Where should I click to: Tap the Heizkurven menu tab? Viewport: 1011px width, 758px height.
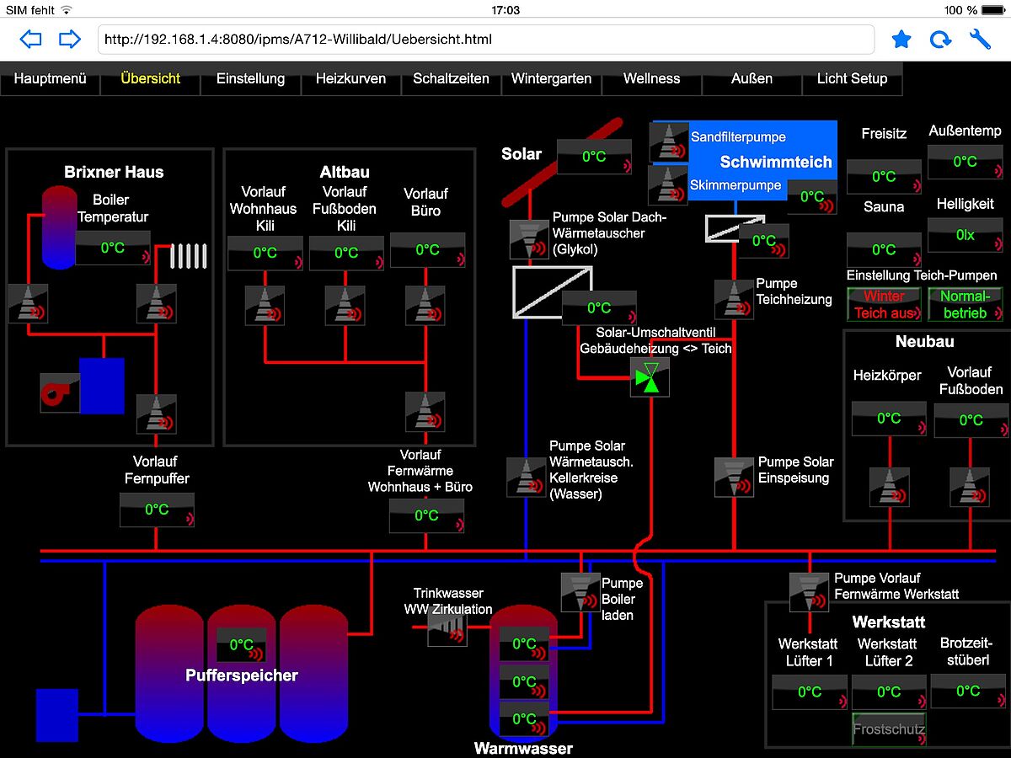350,79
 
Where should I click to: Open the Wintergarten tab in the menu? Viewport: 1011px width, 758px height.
551,79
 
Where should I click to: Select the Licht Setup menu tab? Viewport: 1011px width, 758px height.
852,79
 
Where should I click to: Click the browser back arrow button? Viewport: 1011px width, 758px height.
30,39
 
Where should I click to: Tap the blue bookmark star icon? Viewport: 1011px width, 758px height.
901,39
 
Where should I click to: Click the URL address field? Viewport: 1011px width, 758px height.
486,39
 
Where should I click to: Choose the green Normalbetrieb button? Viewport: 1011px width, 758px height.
965,304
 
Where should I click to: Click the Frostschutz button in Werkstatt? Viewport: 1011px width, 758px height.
889,729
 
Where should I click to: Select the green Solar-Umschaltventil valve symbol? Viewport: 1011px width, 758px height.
650,377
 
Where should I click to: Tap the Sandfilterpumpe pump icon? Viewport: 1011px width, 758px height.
669,141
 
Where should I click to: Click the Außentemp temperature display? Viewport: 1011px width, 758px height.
965,162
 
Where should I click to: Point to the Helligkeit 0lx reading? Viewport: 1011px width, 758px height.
965,235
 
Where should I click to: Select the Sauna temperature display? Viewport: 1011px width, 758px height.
884,250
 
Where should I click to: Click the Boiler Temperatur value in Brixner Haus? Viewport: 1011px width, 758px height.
113,248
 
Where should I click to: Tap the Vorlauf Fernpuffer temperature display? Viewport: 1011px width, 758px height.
157,510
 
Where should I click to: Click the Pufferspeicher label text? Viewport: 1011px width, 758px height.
242,675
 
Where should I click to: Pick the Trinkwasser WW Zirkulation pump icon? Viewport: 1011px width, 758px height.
447,628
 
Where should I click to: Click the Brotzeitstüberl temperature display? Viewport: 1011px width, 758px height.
968,691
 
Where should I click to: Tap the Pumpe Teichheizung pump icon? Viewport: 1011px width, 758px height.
734,299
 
